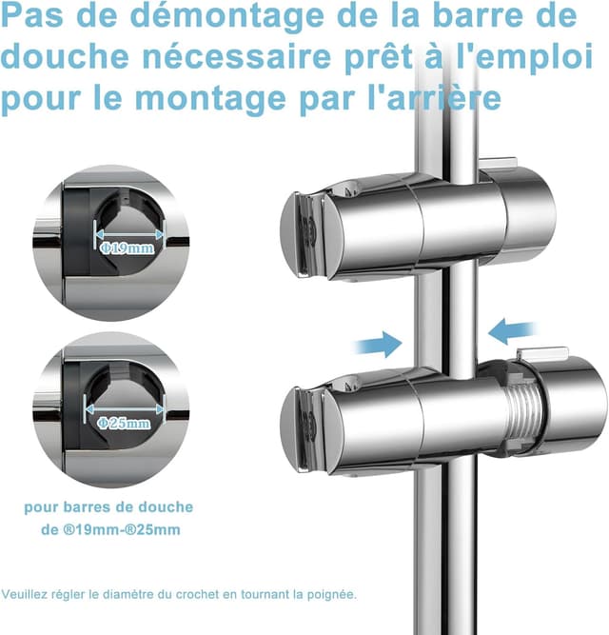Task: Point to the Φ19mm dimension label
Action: point(126,247)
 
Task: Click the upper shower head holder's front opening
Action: point(303,233)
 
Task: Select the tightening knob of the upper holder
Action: point(520,213)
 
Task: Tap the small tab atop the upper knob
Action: point(499,163)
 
